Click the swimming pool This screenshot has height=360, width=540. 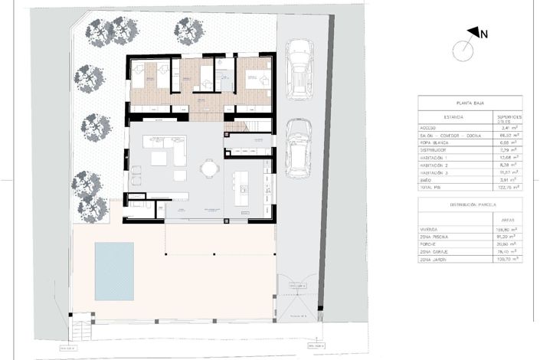113,271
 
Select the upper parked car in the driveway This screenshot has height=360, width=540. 298,70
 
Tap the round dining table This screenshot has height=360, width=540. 208,168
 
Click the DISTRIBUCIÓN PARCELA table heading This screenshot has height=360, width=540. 470,205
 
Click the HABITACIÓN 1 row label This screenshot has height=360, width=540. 438,158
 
